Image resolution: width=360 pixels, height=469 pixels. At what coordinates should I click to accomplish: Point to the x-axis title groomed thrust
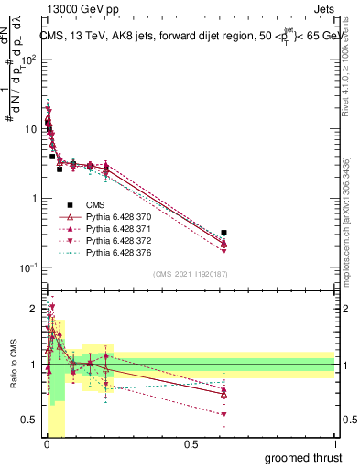[304, 456]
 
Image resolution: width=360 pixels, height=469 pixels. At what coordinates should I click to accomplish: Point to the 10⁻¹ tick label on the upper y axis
[30, 267]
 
